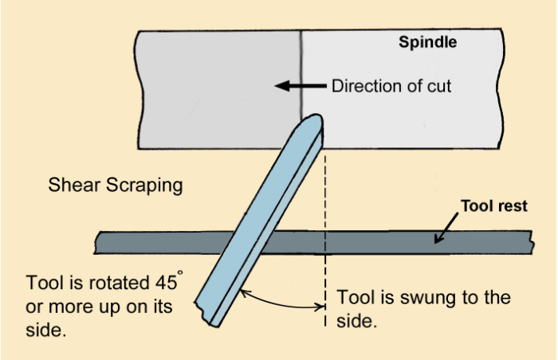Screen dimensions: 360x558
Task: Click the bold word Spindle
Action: pos(428,43)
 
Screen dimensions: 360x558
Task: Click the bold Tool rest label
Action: pos(494,205)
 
